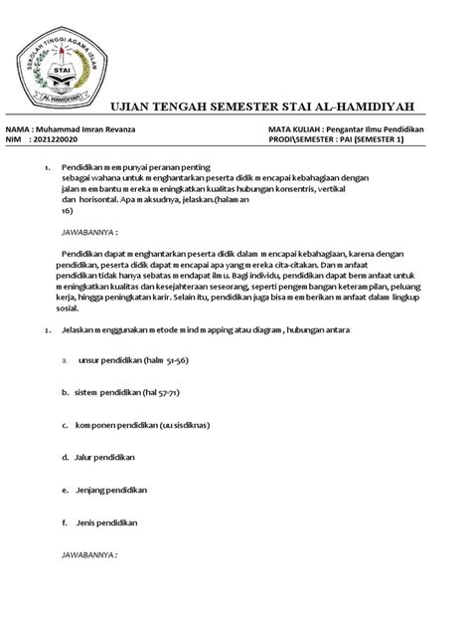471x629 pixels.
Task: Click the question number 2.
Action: pos(38,329)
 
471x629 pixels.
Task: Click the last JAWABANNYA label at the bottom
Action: pos(89,554)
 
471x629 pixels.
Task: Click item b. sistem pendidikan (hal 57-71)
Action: pos(121,393)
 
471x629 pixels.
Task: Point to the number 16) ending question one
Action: pos(68,211)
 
